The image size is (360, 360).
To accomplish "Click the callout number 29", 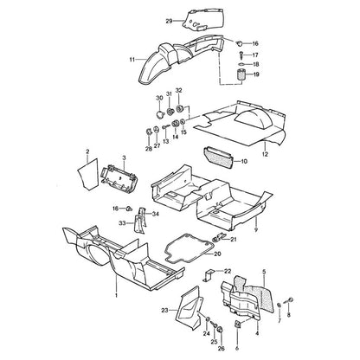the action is click(x=169, y=21).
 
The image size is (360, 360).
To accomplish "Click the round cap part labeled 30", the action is click(x=159, y=114).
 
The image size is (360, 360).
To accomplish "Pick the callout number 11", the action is click(x=132, y=60).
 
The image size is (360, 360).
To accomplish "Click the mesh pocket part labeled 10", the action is click(x=218, y=157).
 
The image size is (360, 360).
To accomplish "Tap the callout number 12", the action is click(x=265, y=154).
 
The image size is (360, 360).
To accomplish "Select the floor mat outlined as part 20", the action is click(x=189, y=249).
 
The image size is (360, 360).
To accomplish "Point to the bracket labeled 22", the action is click(x=209, y=275).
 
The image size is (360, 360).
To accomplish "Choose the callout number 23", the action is click(x=164, y=311).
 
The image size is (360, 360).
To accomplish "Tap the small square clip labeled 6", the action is click(x=237, y=325).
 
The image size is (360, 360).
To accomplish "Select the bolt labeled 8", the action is click(x=289, y=300).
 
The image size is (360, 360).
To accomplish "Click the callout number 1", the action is click(x=116, y=295).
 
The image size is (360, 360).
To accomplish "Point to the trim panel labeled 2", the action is click(x=87, y=173).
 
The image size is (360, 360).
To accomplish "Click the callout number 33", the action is click(x=122, y=223).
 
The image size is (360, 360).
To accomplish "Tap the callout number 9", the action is click(x=256, y=230).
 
